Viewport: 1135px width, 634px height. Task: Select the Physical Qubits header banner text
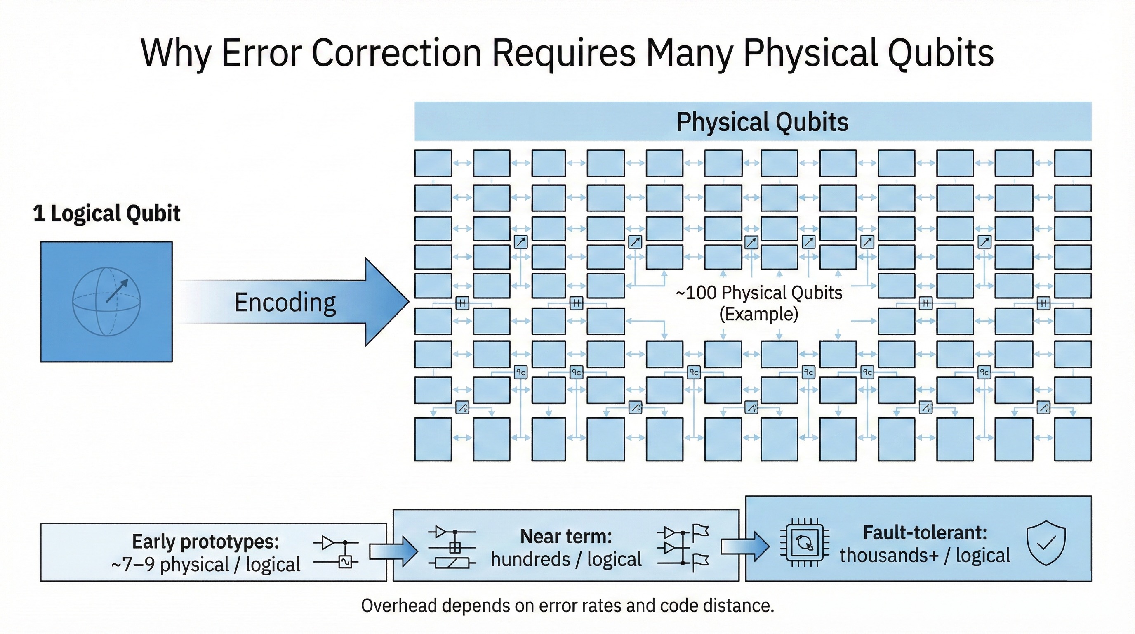click(762, 122)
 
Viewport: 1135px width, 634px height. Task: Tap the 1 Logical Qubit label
click(107, 213)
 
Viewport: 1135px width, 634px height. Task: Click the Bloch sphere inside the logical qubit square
click(106, 302)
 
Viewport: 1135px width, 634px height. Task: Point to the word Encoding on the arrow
click(285, 303)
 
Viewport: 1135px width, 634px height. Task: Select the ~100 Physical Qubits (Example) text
click(759, 303)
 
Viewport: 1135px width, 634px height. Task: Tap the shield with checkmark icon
click(1046, 543)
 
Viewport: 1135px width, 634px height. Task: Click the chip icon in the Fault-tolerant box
click(805, 543)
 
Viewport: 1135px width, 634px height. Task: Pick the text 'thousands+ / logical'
click(924, 556)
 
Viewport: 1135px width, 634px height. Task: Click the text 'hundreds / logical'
click(566, 559)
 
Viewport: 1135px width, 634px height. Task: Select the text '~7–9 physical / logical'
click(206, 564)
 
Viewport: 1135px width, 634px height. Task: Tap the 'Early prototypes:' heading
click(206, 542)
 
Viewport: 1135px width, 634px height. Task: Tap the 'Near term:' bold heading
click(566, 537)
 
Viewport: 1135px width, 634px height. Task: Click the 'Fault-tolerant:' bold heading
click(924, 532)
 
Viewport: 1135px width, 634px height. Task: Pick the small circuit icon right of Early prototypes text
click(336, 552)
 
